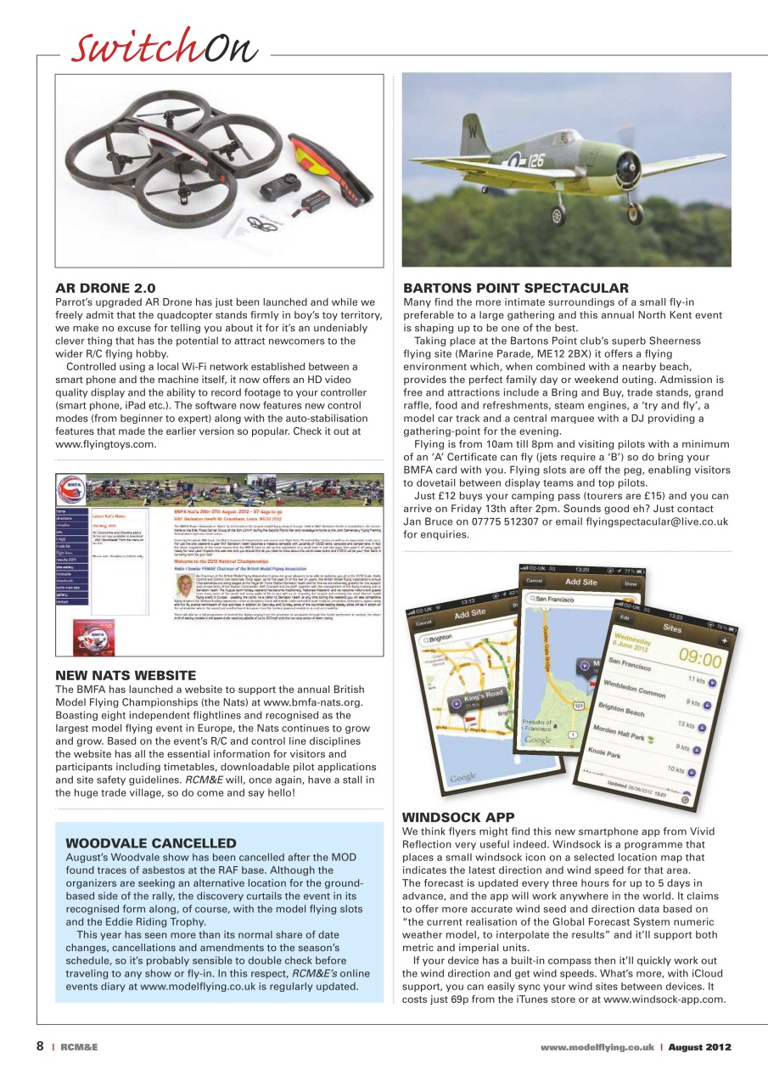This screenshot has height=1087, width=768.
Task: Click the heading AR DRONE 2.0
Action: tap(105, 289)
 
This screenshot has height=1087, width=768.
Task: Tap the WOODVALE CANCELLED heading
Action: tap(150, 843)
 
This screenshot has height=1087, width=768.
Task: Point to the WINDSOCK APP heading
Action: tap(458, 818)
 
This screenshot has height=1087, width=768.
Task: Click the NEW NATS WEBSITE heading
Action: tap(126, 675)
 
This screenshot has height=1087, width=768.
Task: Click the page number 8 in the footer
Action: tap(40, 1046)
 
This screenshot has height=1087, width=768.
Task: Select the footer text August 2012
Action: tap(699, 1047)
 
